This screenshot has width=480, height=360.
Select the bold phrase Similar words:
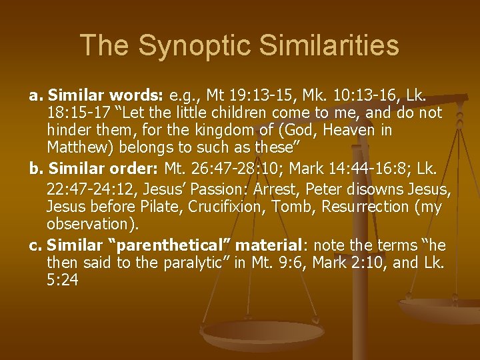tap(98, 96)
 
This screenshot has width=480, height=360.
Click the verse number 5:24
tap(63, 281)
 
